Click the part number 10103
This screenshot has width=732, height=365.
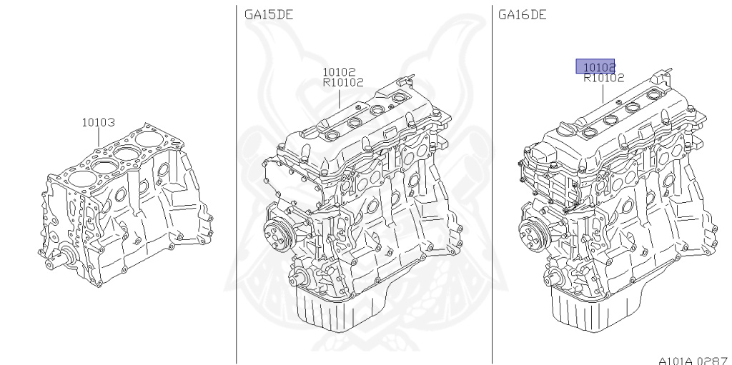click(x=98, y=123)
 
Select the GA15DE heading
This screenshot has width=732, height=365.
click(x=269, y=15)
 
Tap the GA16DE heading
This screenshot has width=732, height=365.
click(x=523, y=15)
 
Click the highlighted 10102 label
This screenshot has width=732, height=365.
click(x=595, y=66)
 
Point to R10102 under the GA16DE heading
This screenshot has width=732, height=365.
click(x=603, y=79)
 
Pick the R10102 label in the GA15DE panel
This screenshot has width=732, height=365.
click(x=343, y=83)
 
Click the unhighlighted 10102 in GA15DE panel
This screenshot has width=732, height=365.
click(x=339, y=72)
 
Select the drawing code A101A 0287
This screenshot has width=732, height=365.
click(x=695, y=360)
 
